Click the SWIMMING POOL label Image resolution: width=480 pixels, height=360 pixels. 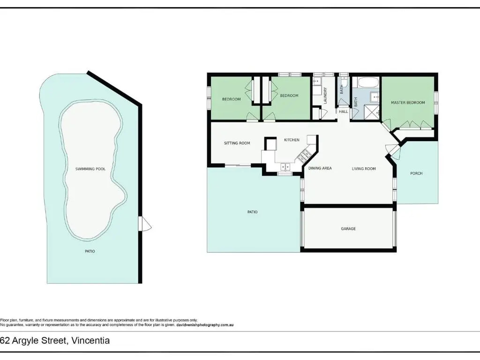pos(90,169)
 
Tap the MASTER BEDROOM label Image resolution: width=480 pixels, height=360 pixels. pos(408,103)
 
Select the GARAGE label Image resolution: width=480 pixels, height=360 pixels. pos(348,229)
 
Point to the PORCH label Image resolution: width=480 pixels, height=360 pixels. pos(416,173)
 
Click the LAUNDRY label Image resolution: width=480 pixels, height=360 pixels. pos(325,95)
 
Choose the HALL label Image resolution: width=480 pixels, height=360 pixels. pos(344,112)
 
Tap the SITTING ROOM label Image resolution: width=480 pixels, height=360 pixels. pos(237,143)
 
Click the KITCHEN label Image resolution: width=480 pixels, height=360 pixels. pos(292,140)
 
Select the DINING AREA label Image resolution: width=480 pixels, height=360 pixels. pos(320,168)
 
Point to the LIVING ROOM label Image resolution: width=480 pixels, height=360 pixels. pos(364,168)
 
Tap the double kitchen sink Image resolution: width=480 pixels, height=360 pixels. pos(285,166)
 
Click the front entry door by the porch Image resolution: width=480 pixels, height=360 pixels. pos(393,150)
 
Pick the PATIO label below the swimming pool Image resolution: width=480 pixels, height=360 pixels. pos(90,251)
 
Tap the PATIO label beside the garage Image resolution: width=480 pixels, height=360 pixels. pos(253,212)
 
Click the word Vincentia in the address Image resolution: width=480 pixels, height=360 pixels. pos(90,340)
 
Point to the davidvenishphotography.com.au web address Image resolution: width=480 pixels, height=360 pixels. pos(205,325)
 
